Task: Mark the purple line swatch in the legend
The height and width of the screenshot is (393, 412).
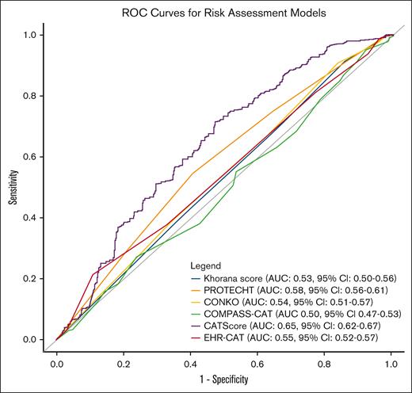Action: click(x=194, y=326)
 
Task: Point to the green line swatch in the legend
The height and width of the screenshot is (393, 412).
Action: click(x=194, y=315)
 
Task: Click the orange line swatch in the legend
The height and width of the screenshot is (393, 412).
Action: click(x=194, y=290)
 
